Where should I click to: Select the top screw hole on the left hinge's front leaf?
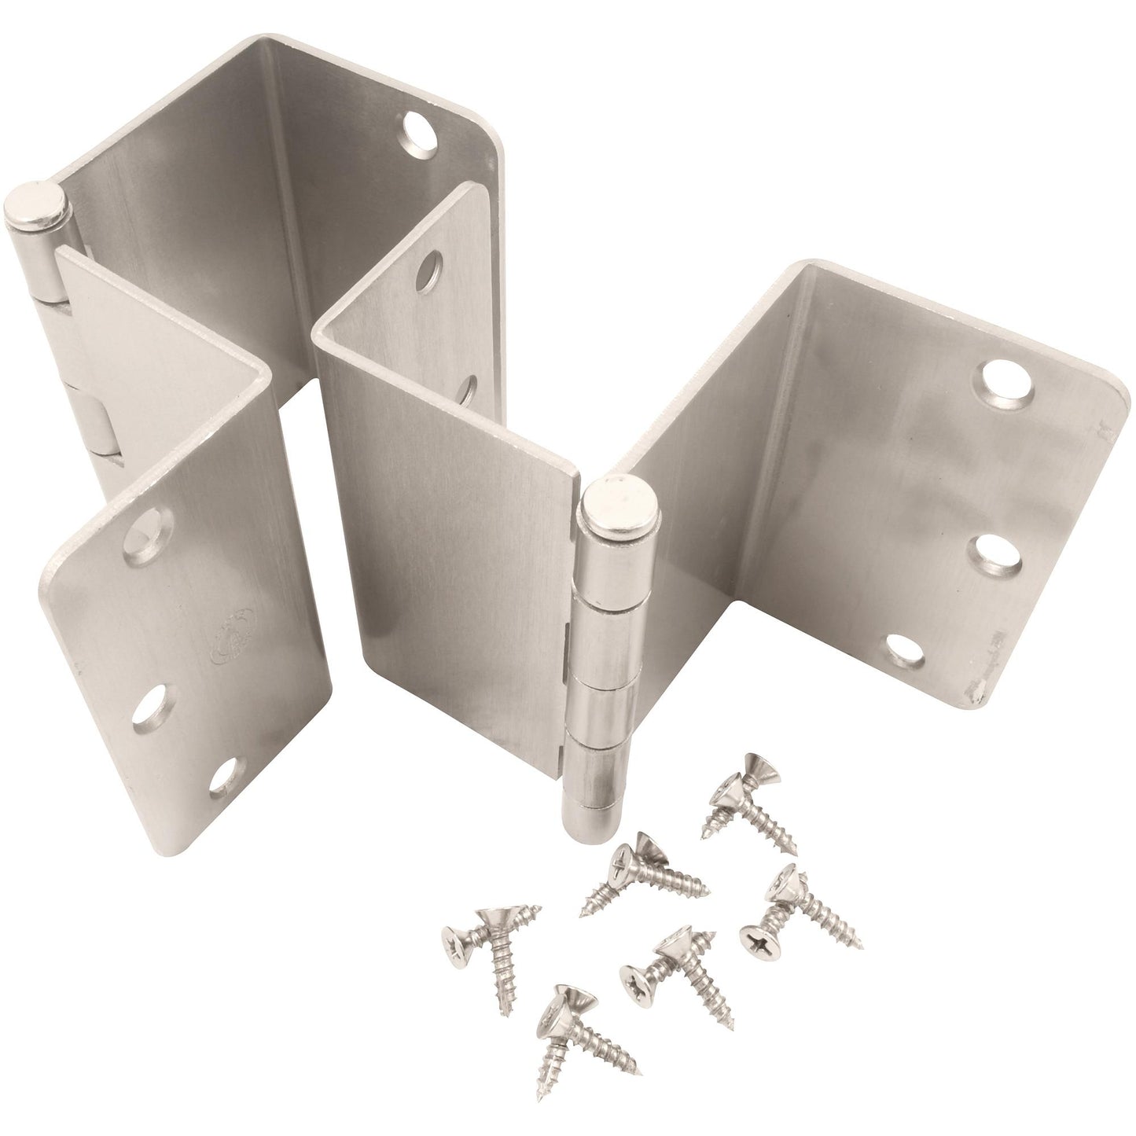(146, 529)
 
